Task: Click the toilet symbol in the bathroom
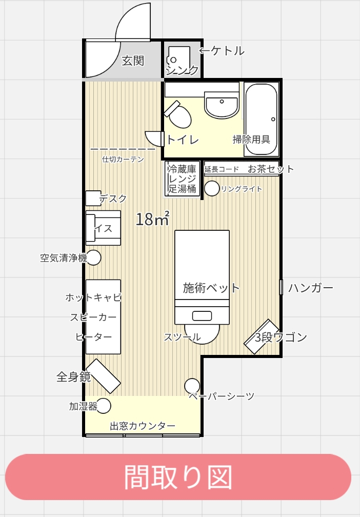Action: (x=178, y=114)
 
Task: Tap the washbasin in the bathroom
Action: (x=222, y=105)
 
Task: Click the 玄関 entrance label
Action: (x=133, y=61)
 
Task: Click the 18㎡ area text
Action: (x=153, y=218)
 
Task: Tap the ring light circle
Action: (x=212, y=189)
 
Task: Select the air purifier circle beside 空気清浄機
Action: (x=93, y=257)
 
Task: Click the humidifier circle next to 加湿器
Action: (x=103, y=406)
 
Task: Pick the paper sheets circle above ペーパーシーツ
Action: (x=192, y=386)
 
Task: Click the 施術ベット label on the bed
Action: (x=211, y=288)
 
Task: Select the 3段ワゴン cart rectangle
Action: (x=262, y=336)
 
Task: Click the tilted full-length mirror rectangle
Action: (x=103, y=376)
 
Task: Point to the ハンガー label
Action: (x=311, y=288)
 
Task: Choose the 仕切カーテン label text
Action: (x=123, y=160)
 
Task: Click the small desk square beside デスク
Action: (x=93, y=198)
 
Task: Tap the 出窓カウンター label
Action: (x=143, y=426)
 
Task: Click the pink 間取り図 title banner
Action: (x=178, y=477)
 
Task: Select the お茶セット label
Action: (x=270, y=169)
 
